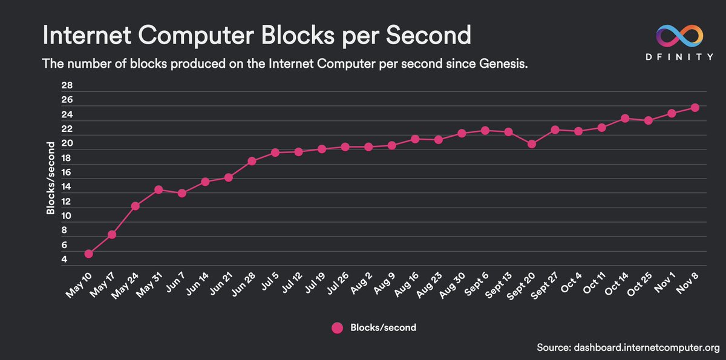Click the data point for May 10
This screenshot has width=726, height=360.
click(x=88, y=254)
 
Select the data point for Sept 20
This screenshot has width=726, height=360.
click(x=532, y=144)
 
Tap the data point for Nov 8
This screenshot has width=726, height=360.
click(x=695, y=107)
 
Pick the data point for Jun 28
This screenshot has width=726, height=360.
click(x=252, y=161)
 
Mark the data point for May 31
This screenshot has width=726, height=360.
click(x=159, y=189)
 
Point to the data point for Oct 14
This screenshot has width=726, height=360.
click(x=625, y=118)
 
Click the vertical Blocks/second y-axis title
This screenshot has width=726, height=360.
click(x=51, y=177)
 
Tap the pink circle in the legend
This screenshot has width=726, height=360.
click(x=337, y=327)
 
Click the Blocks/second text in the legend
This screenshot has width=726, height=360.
click(x=383, y=327)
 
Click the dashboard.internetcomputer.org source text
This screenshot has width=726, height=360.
click(x=644, y=347)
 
